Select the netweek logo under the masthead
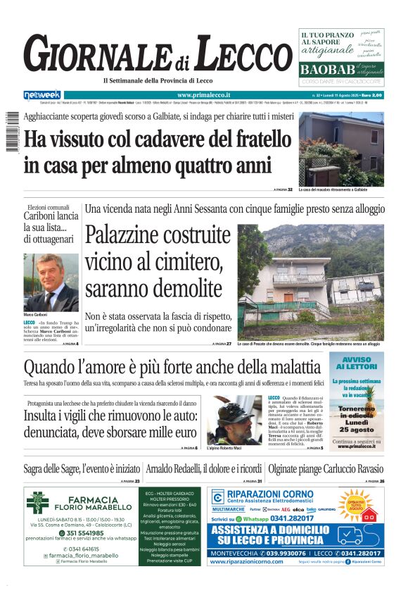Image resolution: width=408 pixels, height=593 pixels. pos(42,94)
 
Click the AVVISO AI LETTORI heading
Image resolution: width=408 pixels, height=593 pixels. pos(357,363)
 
